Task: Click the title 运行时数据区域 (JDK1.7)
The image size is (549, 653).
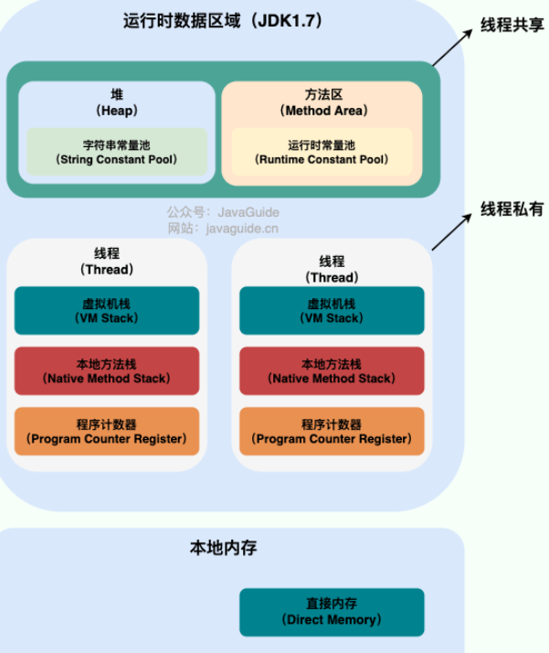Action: [x=223, y=21]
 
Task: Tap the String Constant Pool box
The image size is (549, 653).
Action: [x=117, y=152]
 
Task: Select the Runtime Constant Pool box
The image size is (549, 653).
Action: [x=321, y=152]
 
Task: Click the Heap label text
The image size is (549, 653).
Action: [x=116, y=102]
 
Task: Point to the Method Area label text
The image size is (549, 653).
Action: [x=323, y=102]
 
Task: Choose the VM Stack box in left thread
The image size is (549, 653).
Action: [x=107, y=311]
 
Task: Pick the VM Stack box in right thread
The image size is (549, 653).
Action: [x=332, y=311]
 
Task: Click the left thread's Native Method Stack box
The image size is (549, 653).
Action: [x=107, y=370]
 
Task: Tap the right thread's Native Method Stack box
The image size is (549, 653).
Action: [x=332, y=370]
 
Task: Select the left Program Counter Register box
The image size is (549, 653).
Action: [x=107, y=432]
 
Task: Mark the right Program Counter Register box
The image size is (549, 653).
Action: [x=332, y=432]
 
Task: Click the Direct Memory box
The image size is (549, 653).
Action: [x=332, y=612]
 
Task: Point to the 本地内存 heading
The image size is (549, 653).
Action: [x=223, y=548]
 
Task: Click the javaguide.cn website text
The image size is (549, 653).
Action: [x=223, y=229]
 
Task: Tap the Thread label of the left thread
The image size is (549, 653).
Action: [x=107, y=262]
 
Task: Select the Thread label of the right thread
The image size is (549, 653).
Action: [x=332, y=270]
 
